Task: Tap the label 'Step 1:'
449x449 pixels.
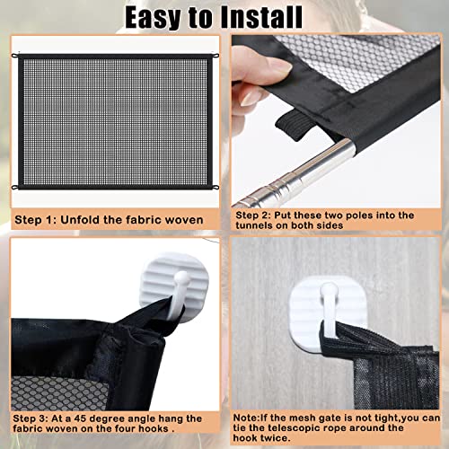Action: pos(38,219)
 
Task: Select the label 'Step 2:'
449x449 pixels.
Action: pos(256,216)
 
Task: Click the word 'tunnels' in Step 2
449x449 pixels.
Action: pos(257,228)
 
